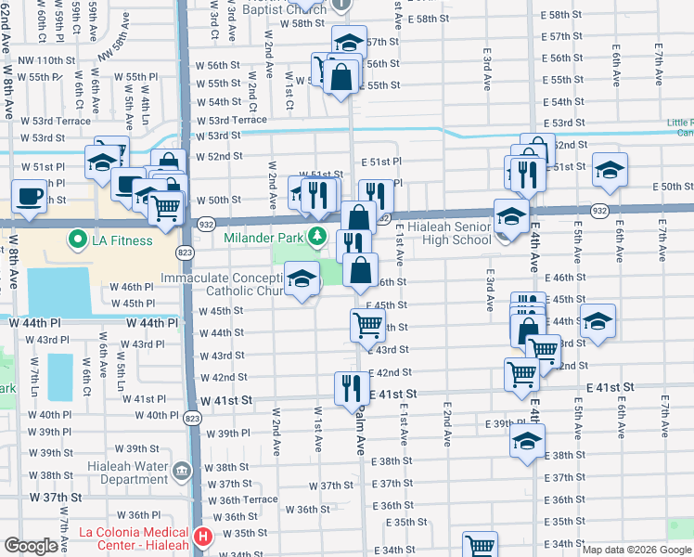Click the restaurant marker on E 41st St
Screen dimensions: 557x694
tap(351, 386)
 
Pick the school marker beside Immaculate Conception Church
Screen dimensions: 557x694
tap(302, 280)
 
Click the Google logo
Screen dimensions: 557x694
tap(31, 546)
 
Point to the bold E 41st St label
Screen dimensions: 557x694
tap(609, 386)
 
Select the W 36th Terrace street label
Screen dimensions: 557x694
tap(242, 499)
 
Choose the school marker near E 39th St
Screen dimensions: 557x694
tap(527, 441)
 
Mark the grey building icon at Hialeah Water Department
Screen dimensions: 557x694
tap(182, 472)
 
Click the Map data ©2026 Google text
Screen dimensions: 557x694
tap(636, 550)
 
